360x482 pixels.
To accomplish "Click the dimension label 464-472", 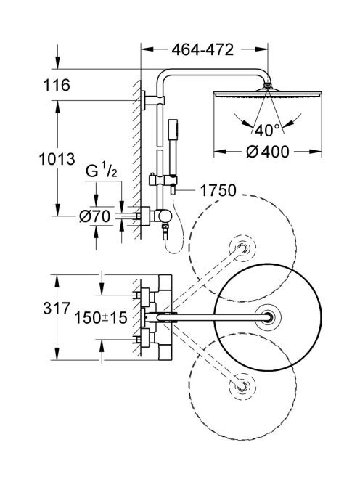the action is (x=202, y=49).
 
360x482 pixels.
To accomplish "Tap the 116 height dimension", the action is (x=57, y=85).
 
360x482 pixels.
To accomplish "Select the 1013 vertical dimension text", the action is (x=57, y=159).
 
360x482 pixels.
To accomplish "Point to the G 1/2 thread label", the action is (x=101, y=171).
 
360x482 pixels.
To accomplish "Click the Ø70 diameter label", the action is (x=94, y=216).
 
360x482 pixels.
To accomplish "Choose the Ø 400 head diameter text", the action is (x=268, y=152).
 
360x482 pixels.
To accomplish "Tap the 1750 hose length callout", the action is (x=218, y=191).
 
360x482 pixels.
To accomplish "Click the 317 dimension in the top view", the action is (x=57, y=308).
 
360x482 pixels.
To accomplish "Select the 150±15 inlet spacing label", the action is (x=101, y=317).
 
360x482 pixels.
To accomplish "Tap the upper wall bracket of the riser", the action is (x=153, y=100).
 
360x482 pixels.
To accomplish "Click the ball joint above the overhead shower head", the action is (x=268, y=86).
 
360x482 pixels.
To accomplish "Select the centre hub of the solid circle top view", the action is (x=268, y=317).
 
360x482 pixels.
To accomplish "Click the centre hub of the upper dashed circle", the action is (x=242, y=248).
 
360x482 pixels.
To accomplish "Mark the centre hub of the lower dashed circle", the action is (x=242, y=386).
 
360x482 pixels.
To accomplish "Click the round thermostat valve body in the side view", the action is (x=163, y=216).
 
